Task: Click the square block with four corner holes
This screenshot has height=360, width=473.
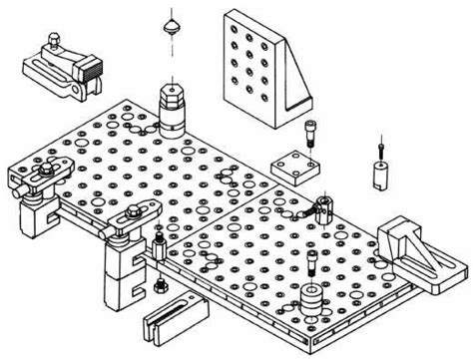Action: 294,167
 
